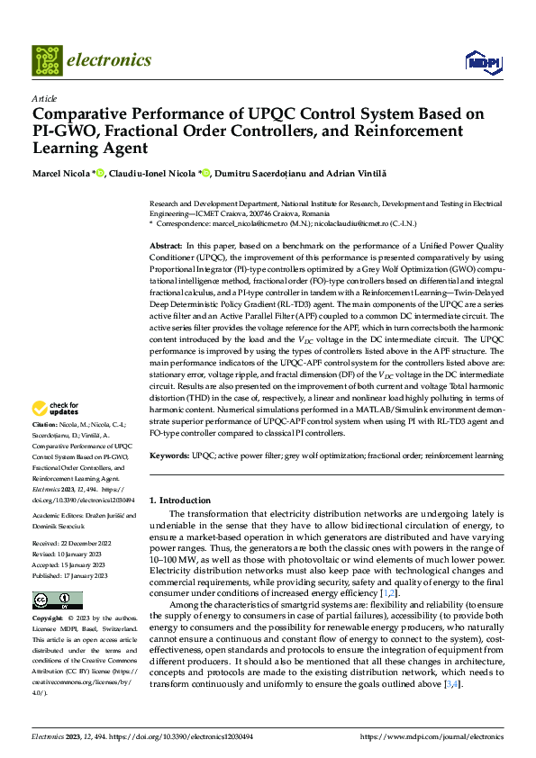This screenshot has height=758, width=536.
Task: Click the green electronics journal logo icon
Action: click(46, 60)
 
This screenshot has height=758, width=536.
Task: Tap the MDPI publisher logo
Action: click(482, 61)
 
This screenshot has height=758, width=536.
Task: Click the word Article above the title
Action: click(43, 98)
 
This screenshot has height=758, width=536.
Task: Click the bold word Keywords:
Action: click(168, 456)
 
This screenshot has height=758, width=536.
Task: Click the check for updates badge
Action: click(56, 410)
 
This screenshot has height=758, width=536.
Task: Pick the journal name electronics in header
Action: click(112, 60)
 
